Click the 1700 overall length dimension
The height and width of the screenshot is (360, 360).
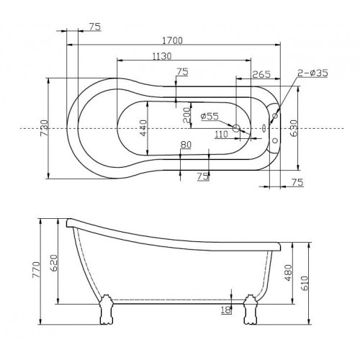172,40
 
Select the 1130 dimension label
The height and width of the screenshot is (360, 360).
162,56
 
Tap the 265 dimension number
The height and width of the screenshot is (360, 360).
261,74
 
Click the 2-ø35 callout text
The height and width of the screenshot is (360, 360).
312,73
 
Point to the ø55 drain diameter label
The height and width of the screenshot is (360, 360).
210,117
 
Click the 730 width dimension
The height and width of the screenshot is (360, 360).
45,128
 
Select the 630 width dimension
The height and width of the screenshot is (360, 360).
294,128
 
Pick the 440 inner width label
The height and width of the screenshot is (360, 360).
143,128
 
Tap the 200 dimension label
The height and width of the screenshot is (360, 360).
186,115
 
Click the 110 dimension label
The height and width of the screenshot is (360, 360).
221,134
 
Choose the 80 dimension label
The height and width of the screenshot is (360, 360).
186,145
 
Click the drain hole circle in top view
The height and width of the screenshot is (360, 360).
236,128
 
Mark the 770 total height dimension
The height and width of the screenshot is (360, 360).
37,270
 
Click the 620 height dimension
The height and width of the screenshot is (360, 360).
54,263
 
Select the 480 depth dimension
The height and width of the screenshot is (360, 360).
288,272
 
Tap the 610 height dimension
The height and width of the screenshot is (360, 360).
304,283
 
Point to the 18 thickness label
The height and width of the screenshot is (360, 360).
226,310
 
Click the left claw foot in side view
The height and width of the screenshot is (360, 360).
106,310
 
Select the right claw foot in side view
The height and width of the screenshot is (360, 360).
251,310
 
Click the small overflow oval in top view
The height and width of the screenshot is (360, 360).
264,128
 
